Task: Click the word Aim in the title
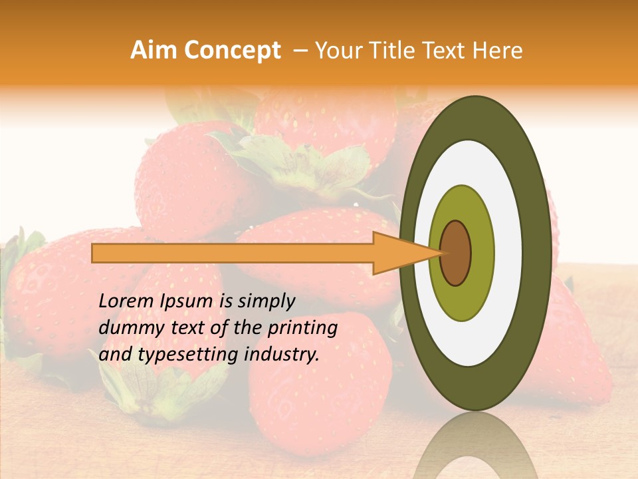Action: pos(154,51)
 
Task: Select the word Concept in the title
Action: pos(231,51)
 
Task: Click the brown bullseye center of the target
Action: pos(456,253)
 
